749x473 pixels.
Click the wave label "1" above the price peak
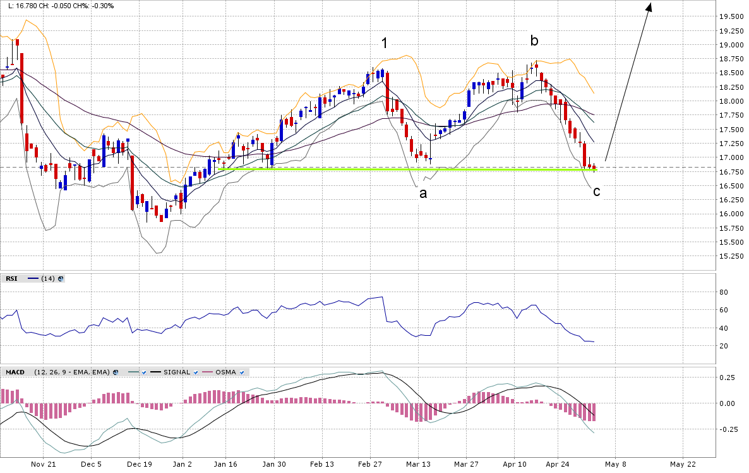(x=384, y=43)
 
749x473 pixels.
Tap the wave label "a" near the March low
(x=423, y=193)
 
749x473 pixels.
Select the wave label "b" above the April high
(x=534, y=41)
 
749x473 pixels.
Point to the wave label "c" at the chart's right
(x=596, y=191)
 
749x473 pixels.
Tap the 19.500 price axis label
(x=733, y=16)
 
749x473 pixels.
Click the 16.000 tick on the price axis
(x=733, y=214)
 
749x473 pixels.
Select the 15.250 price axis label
(x=733, y=256)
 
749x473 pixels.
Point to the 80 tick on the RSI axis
(x=724, y=292)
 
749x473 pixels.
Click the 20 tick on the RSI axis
(x=724, y=346)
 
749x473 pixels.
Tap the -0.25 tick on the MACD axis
(x=729, y=429)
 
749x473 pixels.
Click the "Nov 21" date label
(x=44, y=464)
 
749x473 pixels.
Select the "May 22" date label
(x=683, y=464)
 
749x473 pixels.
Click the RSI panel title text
(x=11, y=278)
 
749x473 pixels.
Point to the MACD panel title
(x=15, y=372)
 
